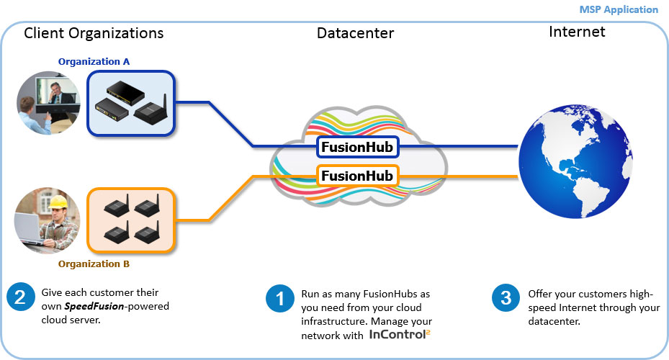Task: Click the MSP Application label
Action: coord(619,9)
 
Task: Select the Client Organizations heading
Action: coord(94,33)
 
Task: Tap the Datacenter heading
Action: coord(355,33)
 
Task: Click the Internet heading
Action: coord(577,32)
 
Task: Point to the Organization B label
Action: coord(94,264)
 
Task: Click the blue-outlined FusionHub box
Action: coord(357,147)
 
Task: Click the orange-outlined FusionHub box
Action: coord(357,176)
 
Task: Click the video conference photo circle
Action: coord(48,102)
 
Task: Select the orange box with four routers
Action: coord(131,220)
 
